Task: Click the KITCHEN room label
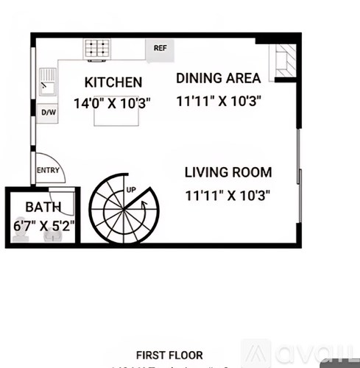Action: [113, 82]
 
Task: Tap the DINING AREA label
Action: [218, 78]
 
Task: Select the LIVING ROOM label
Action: [227, 173]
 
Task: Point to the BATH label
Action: [43, 207]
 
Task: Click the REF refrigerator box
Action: [159, 49]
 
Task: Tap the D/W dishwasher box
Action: [48, 113]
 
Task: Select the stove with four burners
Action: [96, 50]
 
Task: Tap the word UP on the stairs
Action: [131, 190]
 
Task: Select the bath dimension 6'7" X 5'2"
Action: [44, 226]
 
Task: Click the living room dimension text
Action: [227, 195]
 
